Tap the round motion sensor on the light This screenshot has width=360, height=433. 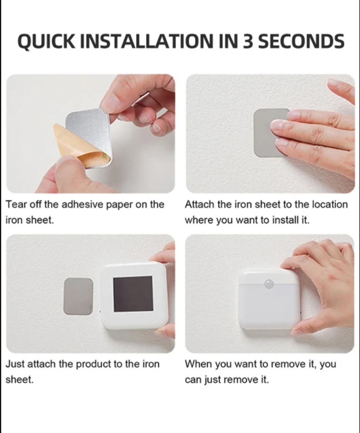[270, 284]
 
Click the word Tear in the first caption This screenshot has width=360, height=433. [15, 205]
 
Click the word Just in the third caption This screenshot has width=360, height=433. [15, 364]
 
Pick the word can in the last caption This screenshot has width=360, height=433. [192, 380]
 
